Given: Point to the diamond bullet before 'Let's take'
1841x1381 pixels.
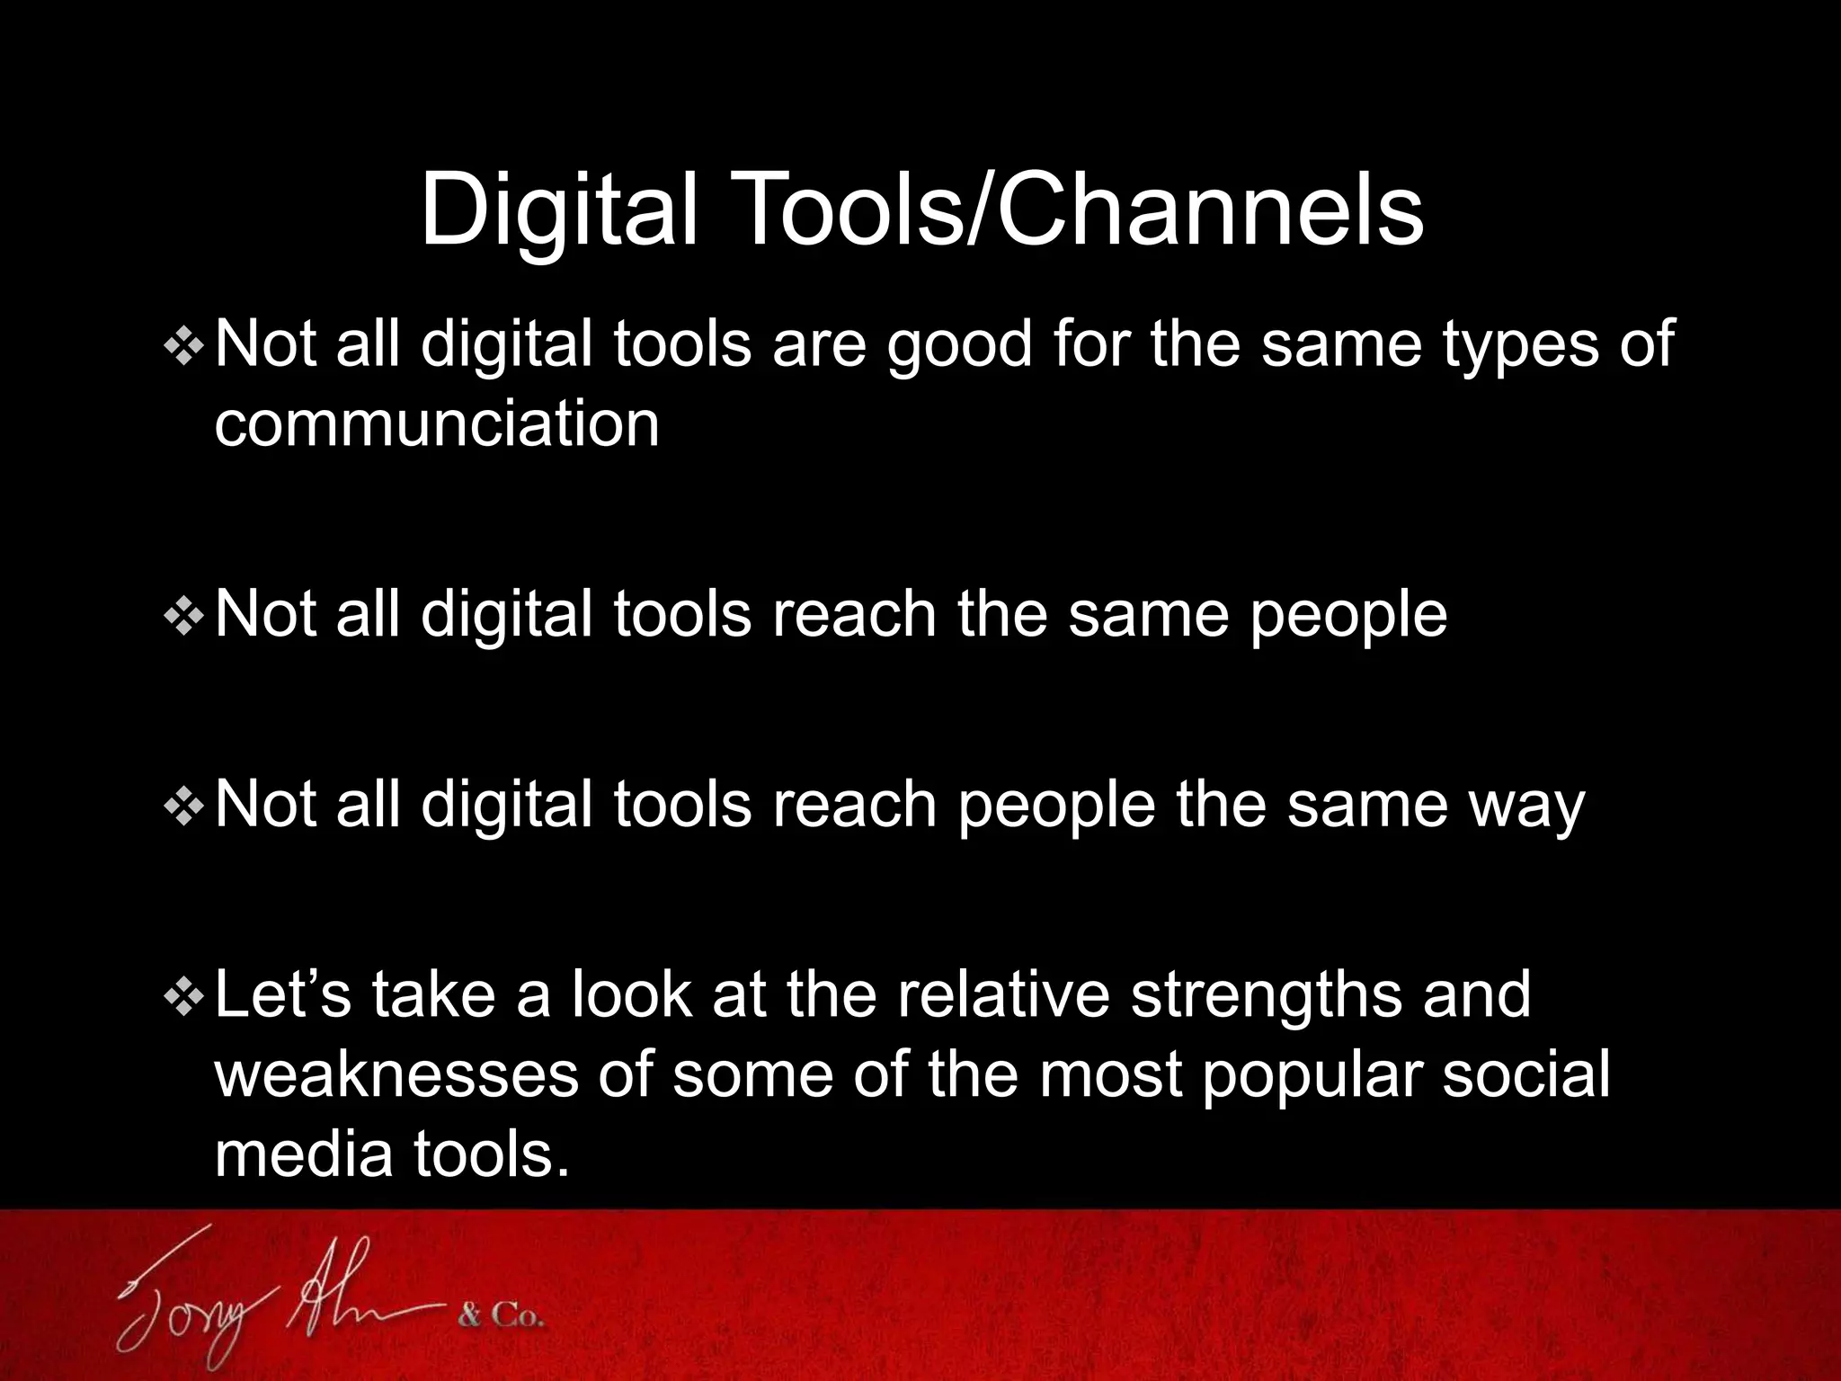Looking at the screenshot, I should pos(184,997).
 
